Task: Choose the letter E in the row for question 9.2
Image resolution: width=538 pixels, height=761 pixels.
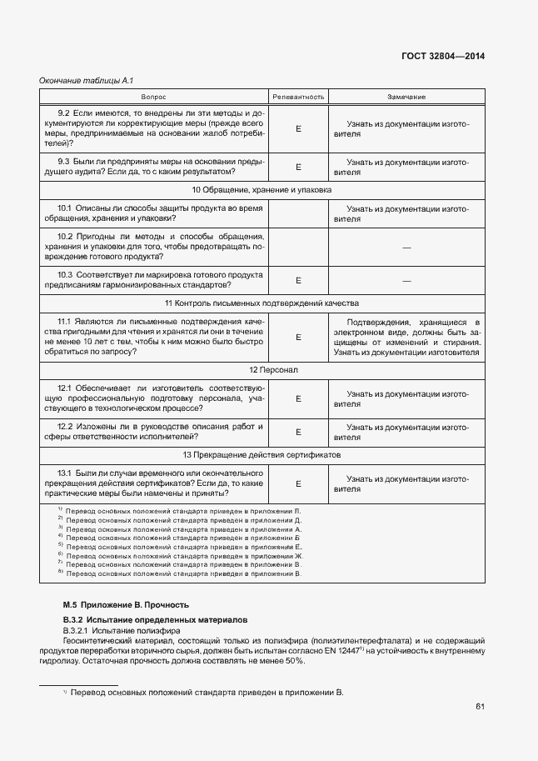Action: point(298,128)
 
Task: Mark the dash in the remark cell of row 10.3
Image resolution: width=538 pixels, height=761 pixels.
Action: point(406,280)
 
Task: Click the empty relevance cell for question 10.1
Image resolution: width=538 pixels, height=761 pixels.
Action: point(298,213)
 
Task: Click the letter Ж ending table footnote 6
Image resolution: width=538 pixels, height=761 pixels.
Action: point(299,555)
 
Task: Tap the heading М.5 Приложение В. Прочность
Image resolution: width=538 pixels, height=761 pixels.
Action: point(127,604)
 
